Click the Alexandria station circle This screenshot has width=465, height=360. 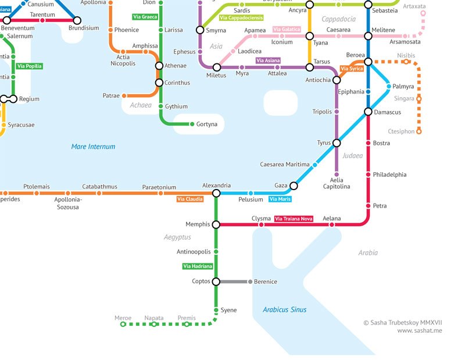click(x=216, y=193)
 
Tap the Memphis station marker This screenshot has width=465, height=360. click(x=216, y=224)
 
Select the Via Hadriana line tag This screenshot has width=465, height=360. click(x=198, y=266)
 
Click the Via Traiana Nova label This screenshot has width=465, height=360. click(x=294, y=219)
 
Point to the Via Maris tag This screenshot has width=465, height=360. click(x=280, y=199)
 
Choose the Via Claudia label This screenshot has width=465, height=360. click(x=190, y=199)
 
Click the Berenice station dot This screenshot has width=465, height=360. click(x=251, y=281)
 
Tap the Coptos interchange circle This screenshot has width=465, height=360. click(x=216, y=281)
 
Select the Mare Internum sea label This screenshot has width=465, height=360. click(x=93, y=147)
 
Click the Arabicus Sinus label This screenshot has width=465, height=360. click(x=284, y=310)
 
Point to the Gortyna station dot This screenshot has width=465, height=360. click(x=192, y=124)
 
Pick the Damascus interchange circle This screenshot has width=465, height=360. click(x=368, y=112)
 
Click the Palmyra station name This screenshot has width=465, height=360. click(x=403, y=87)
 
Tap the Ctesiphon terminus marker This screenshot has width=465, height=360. click(x=419, y=131)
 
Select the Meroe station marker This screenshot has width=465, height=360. click(x=123, y=325)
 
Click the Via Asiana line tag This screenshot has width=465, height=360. click(x=268, y=60)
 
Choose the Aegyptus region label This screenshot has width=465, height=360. click(x=177, y=237)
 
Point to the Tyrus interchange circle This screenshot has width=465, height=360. click(x=337, y=142)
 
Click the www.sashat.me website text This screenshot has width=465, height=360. click(x=420, y=330)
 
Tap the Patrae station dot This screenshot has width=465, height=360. click(x=124, y=95)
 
